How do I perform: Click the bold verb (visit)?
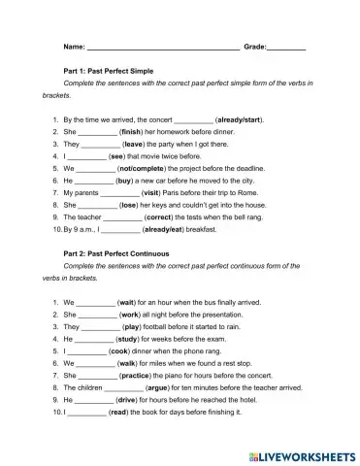click(x=158, y=192)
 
